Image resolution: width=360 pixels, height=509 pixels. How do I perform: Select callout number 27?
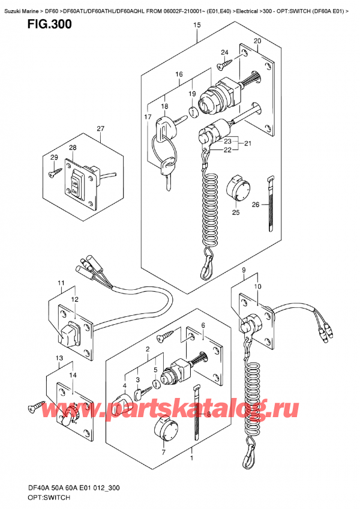point(100,129)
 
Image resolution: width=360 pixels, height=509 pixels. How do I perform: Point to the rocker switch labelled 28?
point(77,183)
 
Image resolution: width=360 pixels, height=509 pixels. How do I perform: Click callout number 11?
point(61,283)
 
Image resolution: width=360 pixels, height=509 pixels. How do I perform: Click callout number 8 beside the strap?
point(209,414)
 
